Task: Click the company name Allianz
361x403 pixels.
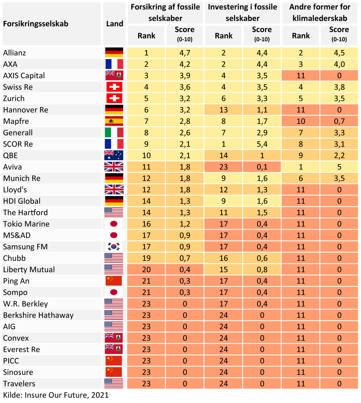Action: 15,53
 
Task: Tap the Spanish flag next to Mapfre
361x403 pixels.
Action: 114,121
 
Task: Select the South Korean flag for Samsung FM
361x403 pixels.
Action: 114,247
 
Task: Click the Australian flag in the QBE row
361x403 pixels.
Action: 114,155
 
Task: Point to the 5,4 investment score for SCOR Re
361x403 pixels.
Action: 262,144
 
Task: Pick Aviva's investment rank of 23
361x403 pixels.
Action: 223,167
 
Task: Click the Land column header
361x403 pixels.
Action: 115,24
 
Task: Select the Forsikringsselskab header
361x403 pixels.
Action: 36,24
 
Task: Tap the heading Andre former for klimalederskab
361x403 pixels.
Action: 320,13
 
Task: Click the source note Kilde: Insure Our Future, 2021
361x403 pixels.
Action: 56,395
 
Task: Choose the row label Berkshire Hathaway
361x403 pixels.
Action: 38,315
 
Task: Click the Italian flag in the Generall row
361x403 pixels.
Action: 114,133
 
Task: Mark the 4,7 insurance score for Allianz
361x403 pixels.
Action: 185,53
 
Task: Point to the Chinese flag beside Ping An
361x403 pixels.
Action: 114,281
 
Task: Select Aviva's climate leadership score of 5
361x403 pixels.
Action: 339,167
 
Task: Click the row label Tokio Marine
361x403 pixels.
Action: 26,224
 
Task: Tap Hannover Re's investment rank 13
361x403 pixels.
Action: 223,110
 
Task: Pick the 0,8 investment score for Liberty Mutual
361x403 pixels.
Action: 262,269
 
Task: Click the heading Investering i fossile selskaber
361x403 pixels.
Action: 242,13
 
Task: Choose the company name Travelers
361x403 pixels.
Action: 19,384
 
